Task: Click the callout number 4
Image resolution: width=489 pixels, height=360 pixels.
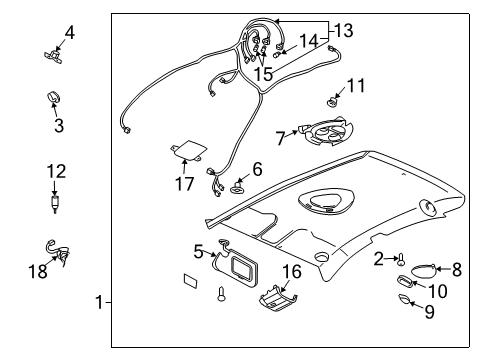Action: click(x=69, y=32)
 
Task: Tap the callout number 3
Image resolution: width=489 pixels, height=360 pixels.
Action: click(x=59, y=127)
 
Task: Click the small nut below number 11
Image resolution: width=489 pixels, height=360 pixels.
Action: click(x=333, y=100)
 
